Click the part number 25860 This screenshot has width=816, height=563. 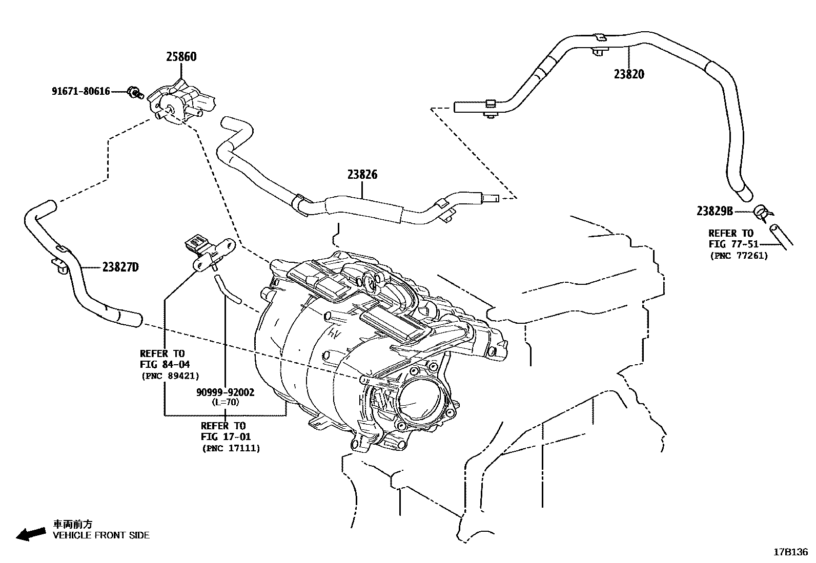[x=181, y=57]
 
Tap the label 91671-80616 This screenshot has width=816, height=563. [x=80, y=92]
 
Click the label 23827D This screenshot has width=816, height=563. [x=120, y=267]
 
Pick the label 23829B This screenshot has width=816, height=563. [x=715, y=211]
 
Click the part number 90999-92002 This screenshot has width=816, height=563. [x=225, y=392]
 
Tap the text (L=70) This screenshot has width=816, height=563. [x=225, y=402]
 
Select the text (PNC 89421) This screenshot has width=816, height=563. [x=170, y=376]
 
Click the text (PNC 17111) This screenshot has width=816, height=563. [x=231, y=448]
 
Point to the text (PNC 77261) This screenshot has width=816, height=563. [x=739, y=256]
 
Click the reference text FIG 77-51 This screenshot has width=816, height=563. [x=733, y=244]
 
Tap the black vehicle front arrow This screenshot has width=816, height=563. [x=30, y=533]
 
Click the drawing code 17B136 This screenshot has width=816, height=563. [x=790, y=552]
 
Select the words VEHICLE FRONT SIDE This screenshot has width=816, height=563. [x=101, y=535]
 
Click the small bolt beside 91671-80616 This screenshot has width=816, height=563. [x=135, y=93]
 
